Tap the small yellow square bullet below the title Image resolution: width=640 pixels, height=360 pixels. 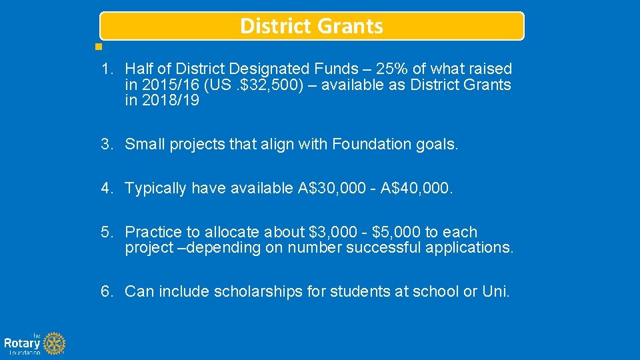click(98, 47)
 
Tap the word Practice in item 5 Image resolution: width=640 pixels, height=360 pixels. click(153, 232)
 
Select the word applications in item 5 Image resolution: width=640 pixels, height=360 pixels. click(469, 248)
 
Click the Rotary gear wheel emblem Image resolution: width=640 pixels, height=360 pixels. click(55, 344)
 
